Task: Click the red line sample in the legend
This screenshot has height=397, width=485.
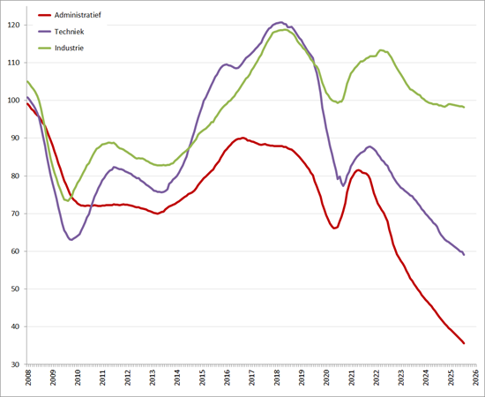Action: [x=47, y=16]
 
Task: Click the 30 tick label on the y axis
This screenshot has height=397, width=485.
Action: [x=16, y=364]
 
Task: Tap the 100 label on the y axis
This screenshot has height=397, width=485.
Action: [x=13, y=101]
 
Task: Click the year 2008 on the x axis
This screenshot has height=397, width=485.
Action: [x=28, y=379]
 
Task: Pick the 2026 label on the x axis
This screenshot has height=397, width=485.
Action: [x=475, y=379]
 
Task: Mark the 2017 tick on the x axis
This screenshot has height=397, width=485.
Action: [x=251, y=379]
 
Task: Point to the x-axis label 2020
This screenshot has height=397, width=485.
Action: [x=326, y=379]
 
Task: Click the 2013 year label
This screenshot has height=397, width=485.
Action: [x=153, y=379]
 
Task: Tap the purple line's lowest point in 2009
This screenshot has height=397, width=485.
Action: [x=71, y=239]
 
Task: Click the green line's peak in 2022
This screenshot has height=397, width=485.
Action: [x=380, y=50]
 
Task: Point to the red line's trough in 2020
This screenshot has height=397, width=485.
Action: [x=334, y=228]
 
